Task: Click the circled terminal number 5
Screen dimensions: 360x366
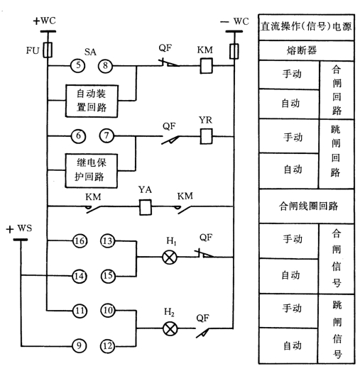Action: pyautogui.click(x=78, y=65)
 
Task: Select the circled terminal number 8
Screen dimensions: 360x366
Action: pyautogui.click(x=105, y=66)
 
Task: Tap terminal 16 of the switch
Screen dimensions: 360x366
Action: pyautogui.click(x=80, y=241)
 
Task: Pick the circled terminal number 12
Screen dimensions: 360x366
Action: pyautogui.click(x=108, y=346)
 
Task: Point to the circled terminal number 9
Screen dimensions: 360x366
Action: pyautogui.click(x=80, y=346)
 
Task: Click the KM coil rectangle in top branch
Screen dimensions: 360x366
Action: pyautogui.click(x=206, y=66)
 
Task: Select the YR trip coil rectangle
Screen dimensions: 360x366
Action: pyautogui.click(x=206, y=136)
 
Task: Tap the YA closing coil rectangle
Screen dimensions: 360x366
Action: pyautogui.click(x=146, y=207)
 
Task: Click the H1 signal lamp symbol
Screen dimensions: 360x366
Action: pyautogui.click(x=170, y=257)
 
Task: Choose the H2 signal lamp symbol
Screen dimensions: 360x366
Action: pyautogui.click(x=170, y=328)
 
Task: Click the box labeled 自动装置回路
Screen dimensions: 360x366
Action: pyautogui.click(x=92, y=101)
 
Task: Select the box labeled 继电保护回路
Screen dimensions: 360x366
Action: pyautogui.click(x=91, y=171)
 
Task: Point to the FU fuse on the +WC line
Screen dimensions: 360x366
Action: pyautogui.click(x=48, y=50)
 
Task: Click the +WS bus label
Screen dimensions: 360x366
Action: pyautogui.click(x=19, y=229)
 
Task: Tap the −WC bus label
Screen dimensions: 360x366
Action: pyautogui.click(x=234, y=21)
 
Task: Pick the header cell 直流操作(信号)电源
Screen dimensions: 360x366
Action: pyautogui.click(x=306, y=27)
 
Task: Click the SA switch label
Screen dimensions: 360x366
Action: pyautogui.click(x=90, y=52)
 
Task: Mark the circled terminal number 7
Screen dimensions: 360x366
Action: pyautogui.click(x=107, y=135)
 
